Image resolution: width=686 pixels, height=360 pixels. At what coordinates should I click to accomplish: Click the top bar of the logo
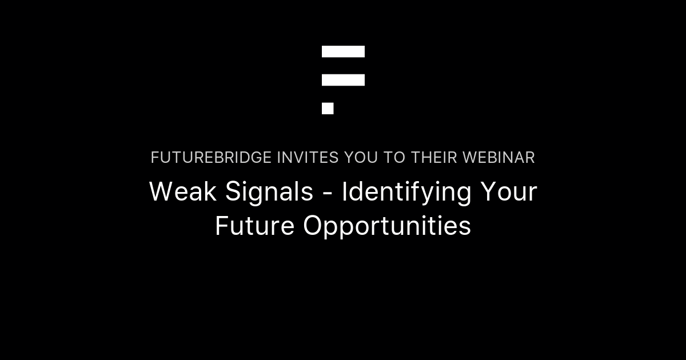pos(343,51)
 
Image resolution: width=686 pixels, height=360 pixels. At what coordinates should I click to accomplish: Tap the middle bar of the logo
pos(343,80)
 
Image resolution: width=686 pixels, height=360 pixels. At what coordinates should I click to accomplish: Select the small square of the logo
pos(328,109)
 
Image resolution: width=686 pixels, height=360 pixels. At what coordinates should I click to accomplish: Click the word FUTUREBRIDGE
pos(211,158)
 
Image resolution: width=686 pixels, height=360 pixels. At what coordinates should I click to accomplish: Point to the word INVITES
pos(308,158)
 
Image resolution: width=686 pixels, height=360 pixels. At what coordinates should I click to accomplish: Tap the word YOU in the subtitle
pos(361,158)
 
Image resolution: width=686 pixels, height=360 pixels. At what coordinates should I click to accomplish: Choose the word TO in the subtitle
pos(394,158)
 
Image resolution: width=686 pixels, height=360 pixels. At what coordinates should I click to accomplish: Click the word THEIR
pos(434,158)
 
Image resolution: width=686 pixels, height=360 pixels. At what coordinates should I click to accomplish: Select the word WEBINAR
pos(498,158)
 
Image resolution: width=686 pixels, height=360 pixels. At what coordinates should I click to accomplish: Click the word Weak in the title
pos(183,191)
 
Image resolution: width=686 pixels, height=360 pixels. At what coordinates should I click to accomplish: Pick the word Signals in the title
pos(269,193)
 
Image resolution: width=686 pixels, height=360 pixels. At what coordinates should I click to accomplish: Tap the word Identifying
pos(406,193)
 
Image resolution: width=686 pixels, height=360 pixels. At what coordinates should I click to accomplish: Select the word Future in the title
pos(255,226)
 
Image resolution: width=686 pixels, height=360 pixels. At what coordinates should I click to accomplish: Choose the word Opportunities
pos(387,227)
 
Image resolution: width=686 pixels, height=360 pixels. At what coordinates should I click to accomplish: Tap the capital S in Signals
pos(233,191)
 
